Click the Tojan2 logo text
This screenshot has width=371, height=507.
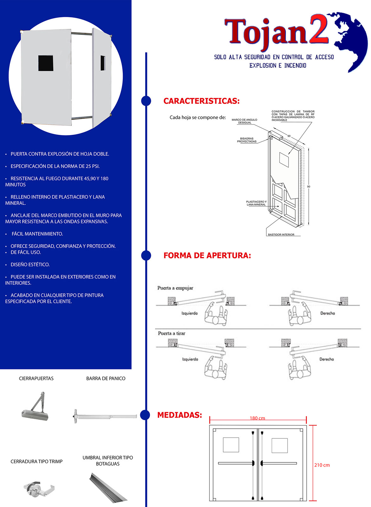click(276, 32)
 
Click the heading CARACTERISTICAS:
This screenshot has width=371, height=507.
click(201, 101)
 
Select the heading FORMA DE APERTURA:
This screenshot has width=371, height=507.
click(207, 256)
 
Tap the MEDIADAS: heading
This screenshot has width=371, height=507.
click(179, 415)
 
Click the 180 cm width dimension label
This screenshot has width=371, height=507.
click(257, 418)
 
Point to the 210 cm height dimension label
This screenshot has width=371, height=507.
click(322, 465)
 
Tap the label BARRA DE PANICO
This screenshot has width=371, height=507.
click(106, 379)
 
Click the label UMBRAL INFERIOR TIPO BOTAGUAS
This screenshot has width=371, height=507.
click(108, 461)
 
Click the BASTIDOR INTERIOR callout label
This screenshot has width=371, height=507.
click(281, 235)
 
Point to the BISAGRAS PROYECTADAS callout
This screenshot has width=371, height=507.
click(247, 140)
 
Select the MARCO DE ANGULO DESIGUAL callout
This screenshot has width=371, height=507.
click(244, 121)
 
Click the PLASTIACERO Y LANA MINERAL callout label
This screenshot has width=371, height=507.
click(256, 203)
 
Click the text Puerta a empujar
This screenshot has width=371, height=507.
click(175, 288)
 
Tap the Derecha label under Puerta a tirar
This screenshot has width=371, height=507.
click(326, 359)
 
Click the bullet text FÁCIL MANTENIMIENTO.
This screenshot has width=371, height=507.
click(37, 234)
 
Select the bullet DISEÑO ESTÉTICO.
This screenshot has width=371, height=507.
click(30, 265)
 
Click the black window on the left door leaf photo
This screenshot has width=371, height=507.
click(46, 63)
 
